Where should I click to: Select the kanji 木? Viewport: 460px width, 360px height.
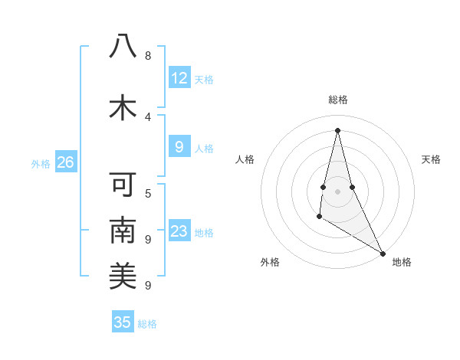[x=123, y=107]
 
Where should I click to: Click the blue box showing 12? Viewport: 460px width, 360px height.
[x=179, y=78]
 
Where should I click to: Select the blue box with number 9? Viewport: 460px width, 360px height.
[x=179, y=147]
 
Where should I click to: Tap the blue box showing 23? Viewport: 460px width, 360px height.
[x=179, y=231]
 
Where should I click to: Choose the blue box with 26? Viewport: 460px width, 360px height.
[x=66, y=162]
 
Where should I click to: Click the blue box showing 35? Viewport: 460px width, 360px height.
[x=123, y=322]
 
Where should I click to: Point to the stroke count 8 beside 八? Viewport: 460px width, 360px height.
[x=148, y=56]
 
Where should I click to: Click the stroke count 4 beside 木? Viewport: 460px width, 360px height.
[x=148, y=116]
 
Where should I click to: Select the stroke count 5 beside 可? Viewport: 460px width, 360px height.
[x=148, y=193]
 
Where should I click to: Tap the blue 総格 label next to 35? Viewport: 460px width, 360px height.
[x=147, y=323]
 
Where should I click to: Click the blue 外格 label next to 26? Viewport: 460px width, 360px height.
[x=41, y=163]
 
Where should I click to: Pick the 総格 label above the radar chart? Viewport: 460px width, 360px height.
[x=338, y=100]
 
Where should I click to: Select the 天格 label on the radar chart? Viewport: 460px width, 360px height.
[x=432, y=159]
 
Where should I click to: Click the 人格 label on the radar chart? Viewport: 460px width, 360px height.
[x=245, y=159]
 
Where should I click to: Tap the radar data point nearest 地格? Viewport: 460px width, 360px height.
[x=383, y=254]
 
